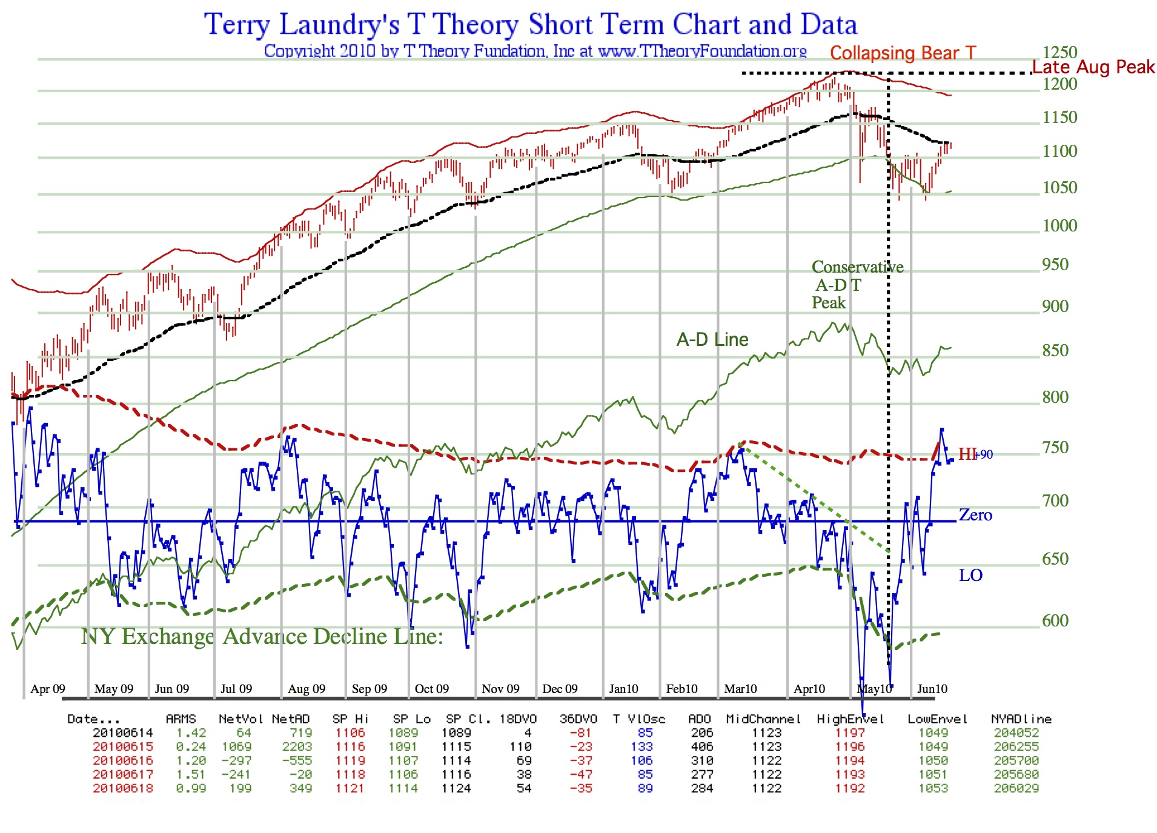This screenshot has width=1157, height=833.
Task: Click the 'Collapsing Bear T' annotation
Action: tap(903, 53)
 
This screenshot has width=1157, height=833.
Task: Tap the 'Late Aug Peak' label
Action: tap(1093, 67)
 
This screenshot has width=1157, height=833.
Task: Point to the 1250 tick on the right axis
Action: tap(1059, 53)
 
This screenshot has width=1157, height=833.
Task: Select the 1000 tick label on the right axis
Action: tap(1059, 226)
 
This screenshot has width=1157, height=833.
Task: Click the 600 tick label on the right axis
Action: tap(1055, 621)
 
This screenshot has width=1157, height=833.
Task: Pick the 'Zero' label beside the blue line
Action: tap(975, 515)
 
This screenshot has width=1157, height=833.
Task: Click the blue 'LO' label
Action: tap(970, 575)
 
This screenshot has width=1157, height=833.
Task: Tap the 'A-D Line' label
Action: tap(712, 340)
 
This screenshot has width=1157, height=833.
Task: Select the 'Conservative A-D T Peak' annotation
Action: tap(857, 285)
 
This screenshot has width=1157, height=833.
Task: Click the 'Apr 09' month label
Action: tap(48, 689)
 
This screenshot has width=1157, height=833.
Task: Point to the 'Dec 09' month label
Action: tap(560, 689)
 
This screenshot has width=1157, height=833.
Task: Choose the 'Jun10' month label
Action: tap(932, 689)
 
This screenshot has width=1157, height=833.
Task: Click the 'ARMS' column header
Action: tap(181, 719)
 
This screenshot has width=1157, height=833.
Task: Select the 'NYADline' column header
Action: tap(1021, 719)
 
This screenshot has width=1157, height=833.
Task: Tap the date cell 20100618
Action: tap(123, 788)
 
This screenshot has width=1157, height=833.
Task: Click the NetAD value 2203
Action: tap(297, 747)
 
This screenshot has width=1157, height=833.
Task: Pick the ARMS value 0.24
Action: tap(191, 747)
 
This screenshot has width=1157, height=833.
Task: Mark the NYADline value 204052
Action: tap(1016, 733)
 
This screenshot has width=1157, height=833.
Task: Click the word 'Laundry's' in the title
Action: tap(339, 25)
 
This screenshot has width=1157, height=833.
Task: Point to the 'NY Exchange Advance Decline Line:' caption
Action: tap(262, 637)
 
